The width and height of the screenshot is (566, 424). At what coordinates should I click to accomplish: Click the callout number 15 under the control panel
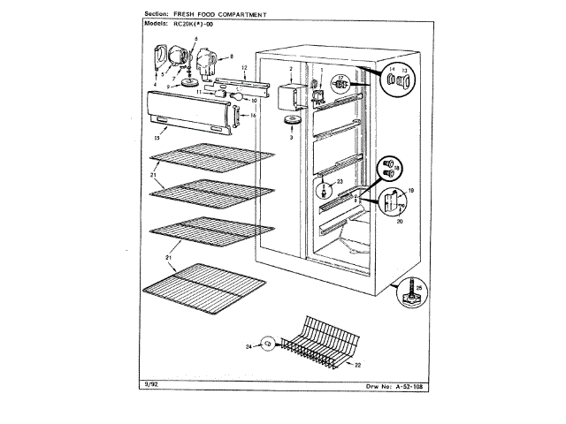pos(156,138)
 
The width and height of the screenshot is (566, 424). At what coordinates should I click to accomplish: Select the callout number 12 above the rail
pos(243,68)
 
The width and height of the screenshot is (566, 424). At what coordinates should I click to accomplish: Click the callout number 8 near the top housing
pos(231,57)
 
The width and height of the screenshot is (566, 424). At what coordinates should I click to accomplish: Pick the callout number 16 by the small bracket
pos(252,116)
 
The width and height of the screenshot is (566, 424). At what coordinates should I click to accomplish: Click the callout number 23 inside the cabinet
pos(339,182)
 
